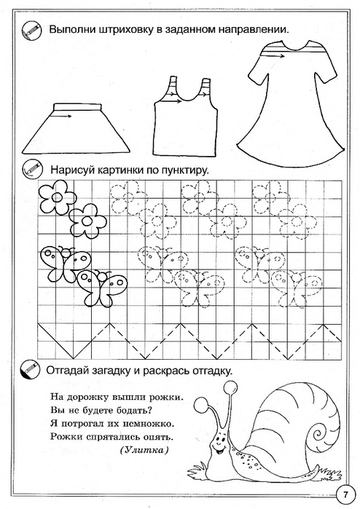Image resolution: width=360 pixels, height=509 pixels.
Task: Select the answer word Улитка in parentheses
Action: (x=144, y=450)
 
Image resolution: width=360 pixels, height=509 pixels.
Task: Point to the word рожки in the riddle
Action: (x=165, y=397)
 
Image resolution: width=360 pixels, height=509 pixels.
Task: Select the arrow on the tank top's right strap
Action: (x=204, y=95)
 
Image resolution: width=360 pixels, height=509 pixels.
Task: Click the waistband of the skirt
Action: (x=78, y=107)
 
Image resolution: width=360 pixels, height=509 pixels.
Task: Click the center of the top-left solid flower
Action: (x=58, y=197)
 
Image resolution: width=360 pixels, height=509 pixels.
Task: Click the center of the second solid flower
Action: (x=87, y=221)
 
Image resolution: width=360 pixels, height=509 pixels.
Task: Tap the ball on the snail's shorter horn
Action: (x=200, y=404)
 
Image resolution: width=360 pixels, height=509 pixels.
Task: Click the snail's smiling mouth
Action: (x=219, y=451)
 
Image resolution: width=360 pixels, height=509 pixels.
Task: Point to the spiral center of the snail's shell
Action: (x=317, y=433)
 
